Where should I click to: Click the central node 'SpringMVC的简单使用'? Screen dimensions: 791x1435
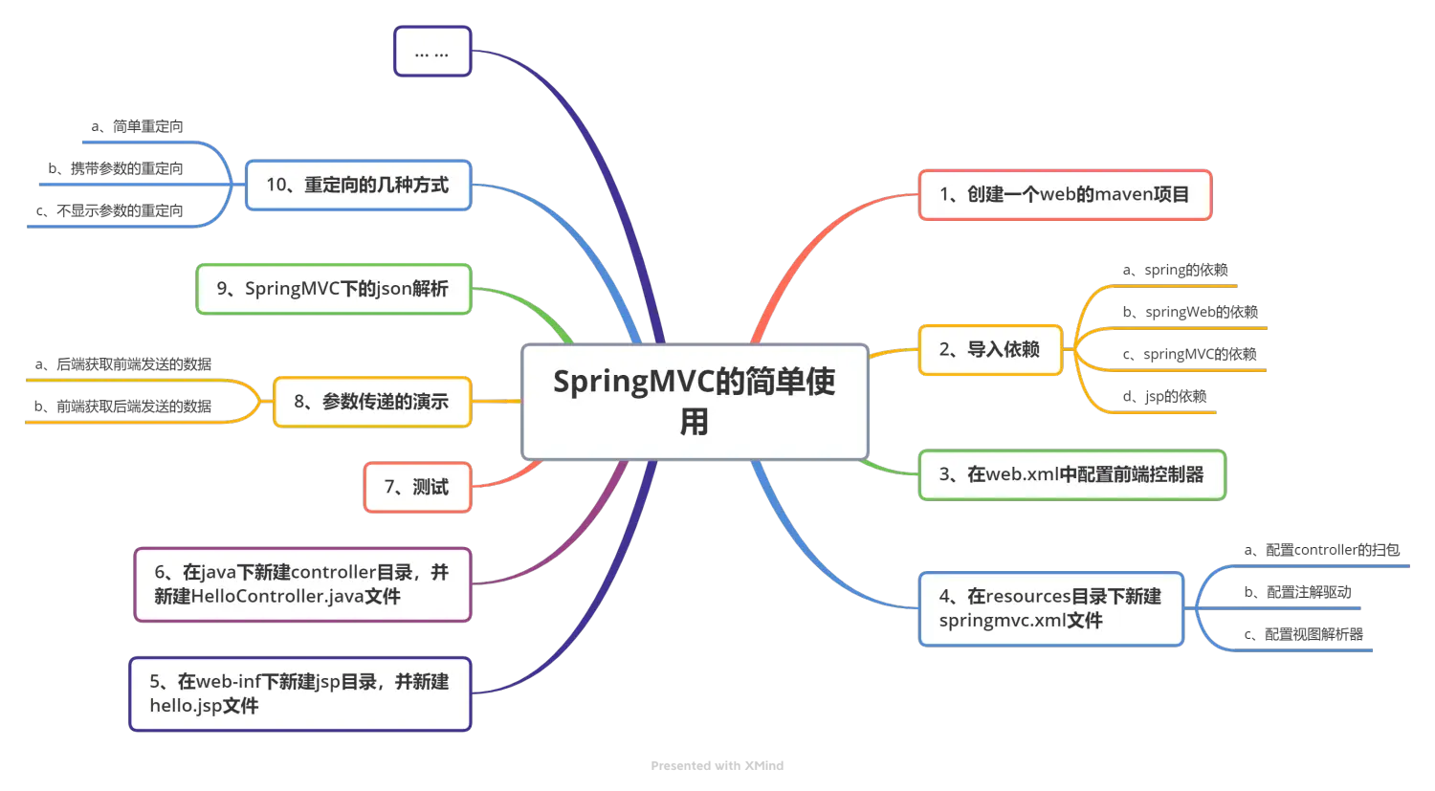click(x=695, y=402)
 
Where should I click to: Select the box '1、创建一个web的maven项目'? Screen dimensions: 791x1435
click(x=1065, y=195)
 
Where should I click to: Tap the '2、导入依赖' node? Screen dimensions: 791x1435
click(x=990, y=350)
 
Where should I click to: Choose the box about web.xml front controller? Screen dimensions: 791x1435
click(x=1071, y=474)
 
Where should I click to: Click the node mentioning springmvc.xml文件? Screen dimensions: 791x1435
click(x=1050, y=608)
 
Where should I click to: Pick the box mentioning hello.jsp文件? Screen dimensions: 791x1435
click(x=300, y=694)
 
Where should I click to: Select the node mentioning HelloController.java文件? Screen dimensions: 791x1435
click(x=302, y=584)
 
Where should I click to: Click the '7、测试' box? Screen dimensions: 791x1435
click(x=417, y=488)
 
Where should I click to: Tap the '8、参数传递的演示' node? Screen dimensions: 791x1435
click(x=371, y=402)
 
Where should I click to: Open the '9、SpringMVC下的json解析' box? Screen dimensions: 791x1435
click(x=333, y=289)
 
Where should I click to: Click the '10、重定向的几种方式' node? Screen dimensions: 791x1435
click(x=358, y=186)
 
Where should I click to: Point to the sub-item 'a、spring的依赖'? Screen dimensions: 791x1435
click(x=1176, y=271)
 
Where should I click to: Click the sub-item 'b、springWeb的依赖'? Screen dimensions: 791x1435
click(x=1191, y=313)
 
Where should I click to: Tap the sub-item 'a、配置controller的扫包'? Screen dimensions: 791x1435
click(x=1320, y=551)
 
